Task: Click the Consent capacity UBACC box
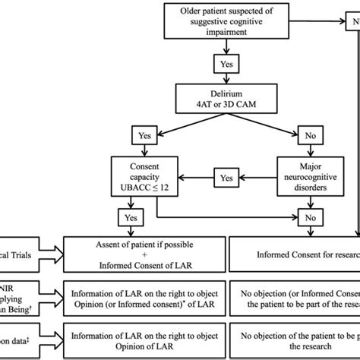click(x=144, y=178)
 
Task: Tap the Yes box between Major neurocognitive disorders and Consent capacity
click(x=226, y=178)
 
